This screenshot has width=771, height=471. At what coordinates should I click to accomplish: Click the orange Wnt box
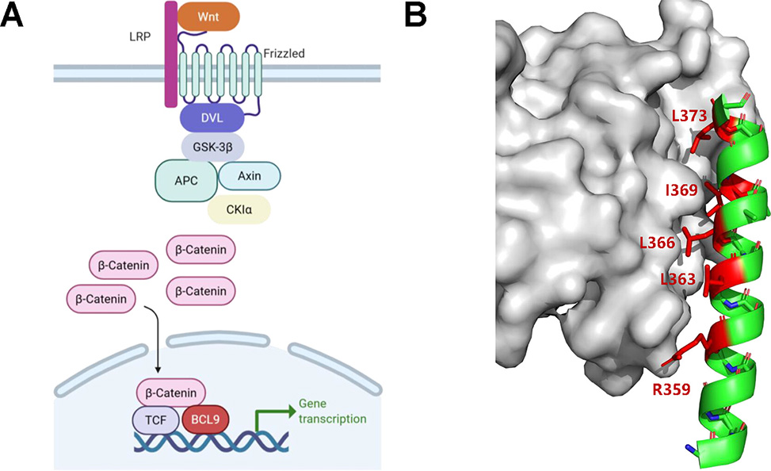click(208, 16)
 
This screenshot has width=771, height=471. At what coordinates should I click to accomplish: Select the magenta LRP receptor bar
click(170, 56)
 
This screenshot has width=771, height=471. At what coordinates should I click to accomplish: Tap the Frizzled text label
click(284, 54)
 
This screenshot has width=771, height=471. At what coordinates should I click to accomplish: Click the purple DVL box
click(212, 117)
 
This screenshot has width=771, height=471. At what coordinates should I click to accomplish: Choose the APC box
click(186, 180)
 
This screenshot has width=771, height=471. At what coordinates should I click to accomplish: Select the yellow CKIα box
click(239, 210)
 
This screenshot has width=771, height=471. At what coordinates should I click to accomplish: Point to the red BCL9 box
click(206, 419)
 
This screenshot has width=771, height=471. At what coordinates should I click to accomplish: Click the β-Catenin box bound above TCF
click(171, 392)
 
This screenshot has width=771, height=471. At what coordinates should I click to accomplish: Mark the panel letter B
click(418, 15)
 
